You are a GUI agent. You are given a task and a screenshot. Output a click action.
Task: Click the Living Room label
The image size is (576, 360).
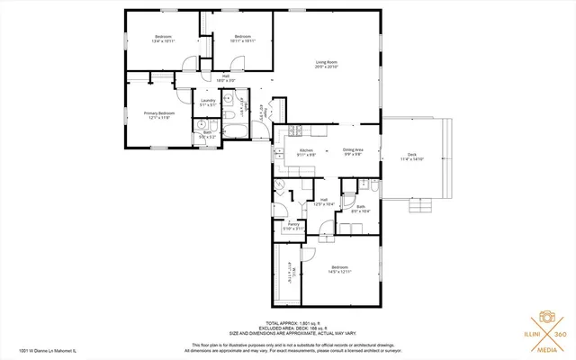pyautogui.click(x=327, y=63)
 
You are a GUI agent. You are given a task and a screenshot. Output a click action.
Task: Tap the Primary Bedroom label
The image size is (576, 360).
pyautogui.click(x=160, y=115)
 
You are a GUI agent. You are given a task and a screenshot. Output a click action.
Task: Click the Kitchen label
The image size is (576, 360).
pyautogui.click(x=306, y=151)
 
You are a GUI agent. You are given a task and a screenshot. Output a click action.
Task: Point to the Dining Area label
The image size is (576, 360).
pyautogui.click(x=353, y=151)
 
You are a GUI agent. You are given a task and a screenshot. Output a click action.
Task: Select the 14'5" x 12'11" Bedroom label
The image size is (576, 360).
pyautogui.click(x=339, y=270)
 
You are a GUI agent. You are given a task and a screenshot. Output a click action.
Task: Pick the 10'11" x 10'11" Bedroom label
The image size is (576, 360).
pyautogui.click(x=242, y=39)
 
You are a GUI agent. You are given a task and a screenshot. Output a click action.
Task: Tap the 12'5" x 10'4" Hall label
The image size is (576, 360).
pyautogui.click(x=324, y=202)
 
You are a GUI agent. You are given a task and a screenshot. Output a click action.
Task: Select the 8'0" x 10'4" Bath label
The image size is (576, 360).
pyautogui.click(x=360, y=208)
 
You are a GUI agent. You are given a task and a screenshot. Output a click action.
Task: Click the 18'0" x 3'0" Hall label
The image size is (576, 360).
pyautogui.click(x=213, y=78)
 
